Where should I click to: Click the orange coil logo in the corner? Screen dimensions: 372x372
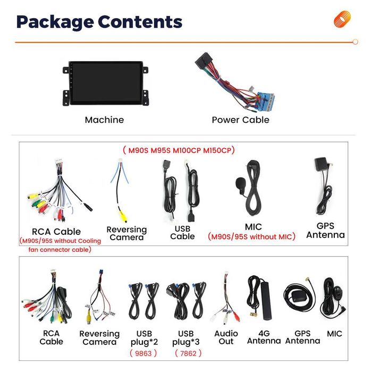coord(342,19)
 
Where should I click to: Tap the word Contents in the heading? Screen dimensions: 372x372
coord(140,22)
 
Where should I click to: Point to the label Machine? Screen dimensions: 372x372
coord(104,120)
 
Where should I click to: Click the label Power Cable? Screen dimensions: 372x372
coord(241,120)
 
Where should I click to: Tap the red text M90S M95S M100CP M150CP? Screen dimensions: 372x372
coord(179,150)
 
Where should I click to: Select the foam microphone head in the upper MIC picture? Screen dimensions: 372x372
coord(240,183)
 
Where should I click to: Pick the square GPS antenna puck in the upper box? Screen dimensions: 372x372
coord(321,164)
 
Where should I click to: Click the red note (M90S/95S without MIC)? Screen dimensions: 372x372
coord(251,236)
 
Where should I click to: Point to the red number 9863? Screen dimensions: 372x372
coord(143,353)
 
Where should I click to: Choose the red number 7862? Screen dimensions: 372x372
coord(188,353)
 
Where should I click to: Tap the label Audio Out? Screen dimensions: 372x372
coord(226,337)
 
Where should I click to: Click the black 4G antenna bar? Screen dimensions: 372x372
coord(266,301)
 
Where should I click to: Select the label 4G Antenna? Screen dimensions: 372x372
coord(264,337)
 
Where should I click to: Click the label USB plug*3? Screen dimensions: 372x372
coord(186,338)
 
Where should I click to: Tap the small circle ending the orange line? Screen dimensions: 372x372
coord(355,42)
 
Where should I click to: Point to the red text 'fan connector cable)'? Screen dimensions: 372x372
coord(60,250)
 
